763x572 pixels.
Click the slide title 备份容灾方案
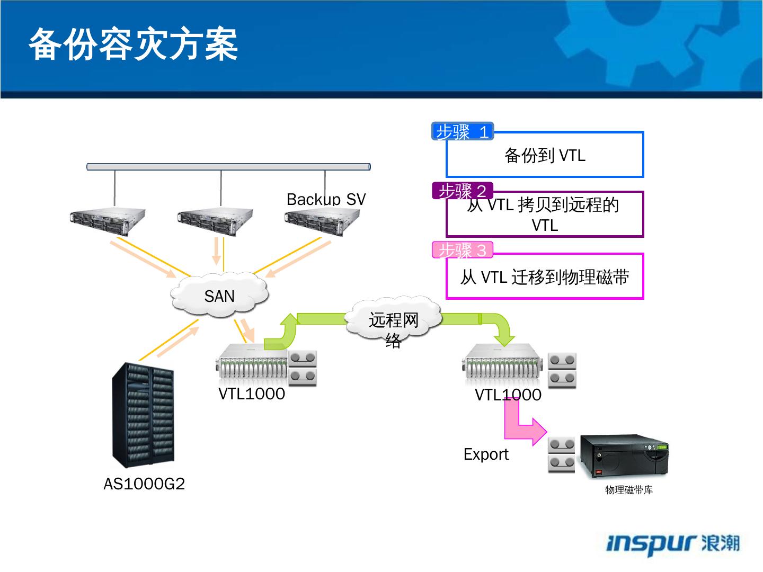(133, 44)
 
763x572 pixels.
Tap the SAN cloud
(219, 296)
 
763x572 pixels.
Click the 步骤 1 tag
(462, 131)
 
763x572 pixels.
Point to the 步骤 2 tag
(462, 191)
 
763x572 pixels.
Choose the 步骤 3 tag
(462, 250)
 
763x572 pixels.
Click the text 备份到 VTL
(545, 156)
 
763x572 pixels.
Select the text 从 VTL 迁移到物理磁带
(545, 277)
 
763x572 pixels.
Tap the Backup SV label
(326, 200)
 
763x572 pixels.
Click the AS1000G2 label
(144, 484)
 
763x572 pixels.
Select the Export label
(486, 454)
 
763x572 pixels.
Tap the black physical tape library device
(624, 457)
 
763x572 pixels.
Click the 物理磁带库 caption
(629, 490)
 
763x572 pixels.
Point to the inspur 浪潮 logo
(672, 543)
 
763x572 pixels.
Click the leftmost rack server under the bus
(108, 221)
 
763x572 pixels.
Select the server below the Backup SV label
(322, 221)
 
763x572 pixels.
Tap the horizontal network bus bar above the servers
(228, 167)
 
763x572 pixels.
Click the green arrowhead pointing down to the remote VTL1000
(503, 338)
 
